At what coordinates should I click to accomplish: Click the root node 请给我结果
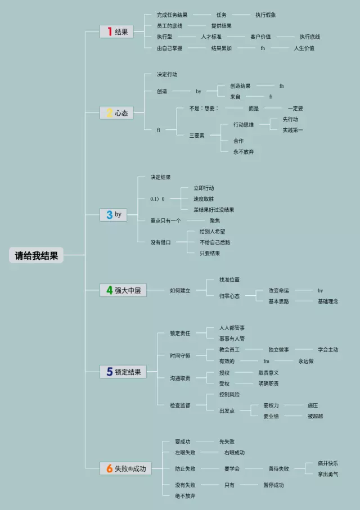point(37,256)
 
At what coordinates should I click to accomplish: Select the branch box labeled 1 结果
point(116,32)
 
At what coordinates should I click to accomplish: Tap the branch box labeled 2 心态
point(116,113)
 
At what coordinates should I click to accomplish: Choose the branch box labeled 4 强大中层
point(123,291)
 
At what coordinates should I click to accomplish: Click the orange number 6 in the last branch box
point(109,468)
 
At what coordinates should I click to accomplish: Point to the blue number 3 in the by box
point(109,214)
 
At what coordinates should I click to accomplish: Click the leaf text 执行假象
point(265,15)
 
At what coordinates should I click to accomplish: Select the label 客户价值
point(260,37)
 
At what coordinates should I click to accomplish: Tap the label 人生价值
point(304,48)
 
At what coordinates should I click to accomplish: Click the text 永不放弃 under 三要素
point(244,151)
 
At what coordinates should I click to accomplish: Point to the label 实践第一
point(293,130)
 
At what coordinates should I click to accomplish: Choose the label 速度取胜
point(204,199)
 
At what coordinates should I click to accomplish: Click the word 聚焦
point(215,220)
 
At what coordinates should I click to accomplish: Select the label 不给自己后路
point(215,242)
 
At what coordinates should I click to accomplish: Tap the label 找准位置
point(229,279)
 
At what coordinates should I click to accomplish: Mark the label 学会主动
point(328,350)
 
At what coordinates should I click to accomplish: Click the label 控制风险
point(229,394)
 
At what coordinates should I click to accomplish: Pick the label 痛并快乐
point(328,463)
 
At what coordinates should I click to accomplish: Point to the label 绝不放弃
point(186,495)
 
